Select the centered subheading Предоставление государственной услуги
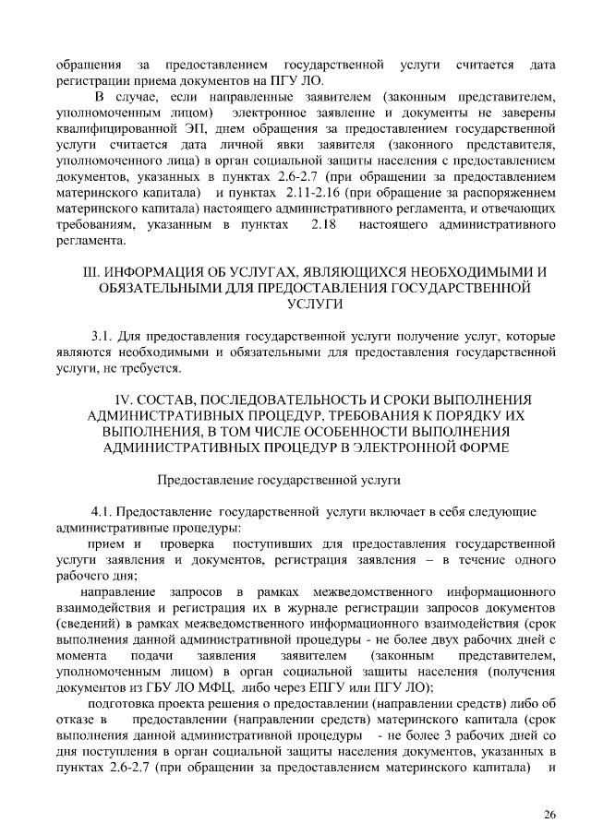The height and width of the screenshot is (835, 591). point(278,481)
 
